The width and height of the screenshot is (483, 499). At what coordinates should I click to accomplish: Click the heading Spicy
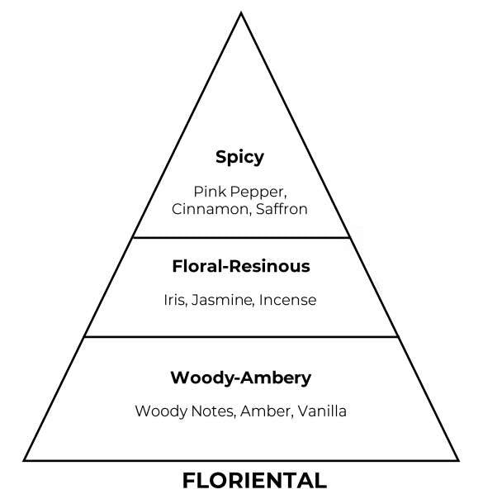(239, 157)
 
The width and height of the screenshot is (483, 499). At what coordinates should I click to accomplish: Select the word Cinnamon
(211, 209)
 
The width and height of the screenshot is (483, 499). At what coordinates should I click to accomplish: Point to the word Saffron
(282, 209)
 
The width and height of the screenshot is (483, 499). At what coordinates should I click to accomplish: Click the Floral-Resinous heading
(241, 266)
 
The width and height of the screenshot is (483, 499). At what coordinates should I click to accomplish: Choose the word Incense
(288, 300)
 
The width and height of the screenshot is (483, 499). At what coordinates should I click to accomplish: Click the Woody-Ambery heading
(241, 378)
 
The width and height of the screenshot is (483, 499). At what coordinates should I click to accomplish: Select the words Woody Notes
(185, 411)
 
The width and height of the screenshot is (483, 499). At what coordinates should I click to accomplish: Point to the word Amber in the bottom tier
(266, 411)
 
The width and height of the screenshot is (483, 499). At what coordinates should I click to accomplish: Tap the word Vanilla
(322, 411)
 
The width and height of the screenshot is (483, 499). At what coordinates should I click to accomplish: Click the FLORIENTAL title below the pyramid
(254, 480)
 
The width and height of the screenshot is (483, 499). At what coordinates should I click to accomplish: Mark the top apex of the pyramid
(241, 12)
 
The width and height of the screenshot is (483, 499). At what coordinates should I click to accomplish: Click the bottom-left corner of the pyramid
(23, 460)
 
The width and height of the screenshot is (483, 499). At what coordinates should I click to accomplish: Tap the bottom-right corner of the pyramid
(458, 460)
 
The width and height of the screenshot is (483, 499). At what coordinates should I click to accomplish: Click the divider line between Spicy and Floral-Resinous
(241, 237)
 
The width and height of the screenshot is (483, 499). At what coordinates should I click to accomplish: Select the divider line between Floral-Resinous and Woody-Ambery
(241, 336)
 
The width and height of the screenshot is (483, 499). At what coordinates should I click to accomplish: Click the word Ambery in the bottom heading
(276, 378)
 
